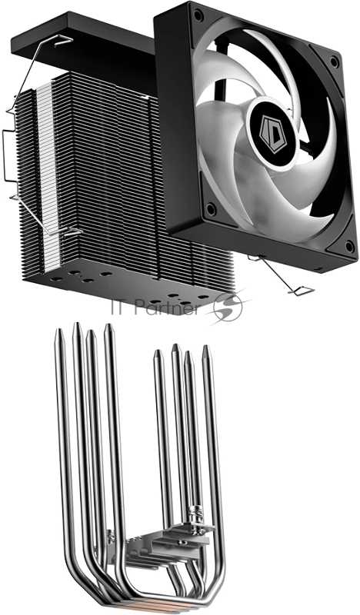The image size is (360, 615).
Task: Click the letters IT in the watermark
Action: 122,307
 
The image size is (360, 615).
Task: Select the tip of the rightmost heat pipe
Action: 206,350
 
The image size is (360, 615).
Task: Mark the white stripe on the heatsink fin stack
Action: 45,169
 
